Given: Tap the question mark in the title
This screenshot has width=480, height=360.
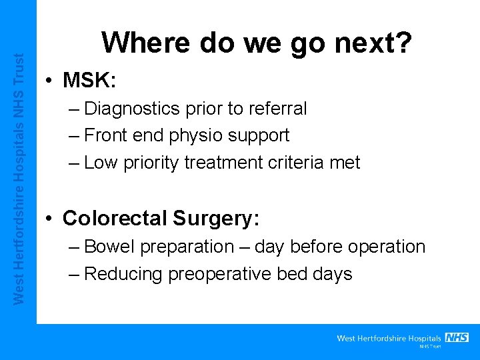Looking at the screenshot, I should pyautogui.click(x=404, y=43).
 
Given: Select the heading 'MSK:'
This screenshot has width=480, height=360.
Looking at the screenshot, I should pyautogui.click(x=90, y=81).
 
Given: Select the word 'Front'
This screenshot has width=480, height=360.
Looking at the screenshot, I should pyautogui.click(x=108, y=135).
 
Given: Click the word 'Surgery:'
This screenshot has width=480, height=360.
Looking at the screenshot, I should pyautogui.click(x=216, y=219).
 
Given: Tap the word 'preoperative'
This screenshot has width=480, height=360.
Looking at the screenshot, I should pyautogui.click(x=225, y=274).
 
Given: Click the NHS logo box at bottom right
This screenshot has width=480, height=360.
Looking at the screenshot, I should pyautogui.click(x=457, y=337).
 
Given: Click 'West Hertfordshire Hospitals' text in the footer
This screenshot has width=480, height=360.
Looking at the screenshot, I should pyautogui.click(x=389, y=338).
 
